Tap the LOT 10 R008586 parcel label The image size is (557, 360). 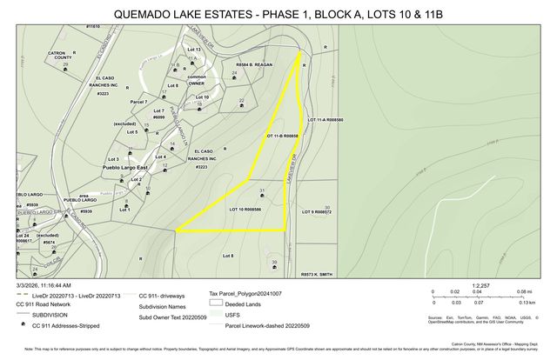(x=245, y=210)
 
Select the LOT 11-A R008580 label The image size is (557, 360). (x=325, y=118)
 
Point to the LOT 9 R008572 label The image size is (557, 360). (x=317, y=211)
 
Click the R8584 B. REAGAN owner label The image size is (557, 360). (x=254, y=65)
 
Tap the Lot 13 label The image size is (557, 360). (x=193, y=50)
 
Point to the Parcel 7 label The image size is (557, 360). (x=138, y=103)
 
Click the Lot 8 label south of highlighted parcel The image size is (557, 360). (x=228, y=255)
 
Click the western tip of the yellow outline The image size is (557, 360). (x=177, y=230)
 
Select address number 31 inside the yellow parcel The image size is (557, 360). (x=261, y=190)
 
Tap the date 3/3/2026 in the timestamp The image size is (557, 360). (x=30, y=284)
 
